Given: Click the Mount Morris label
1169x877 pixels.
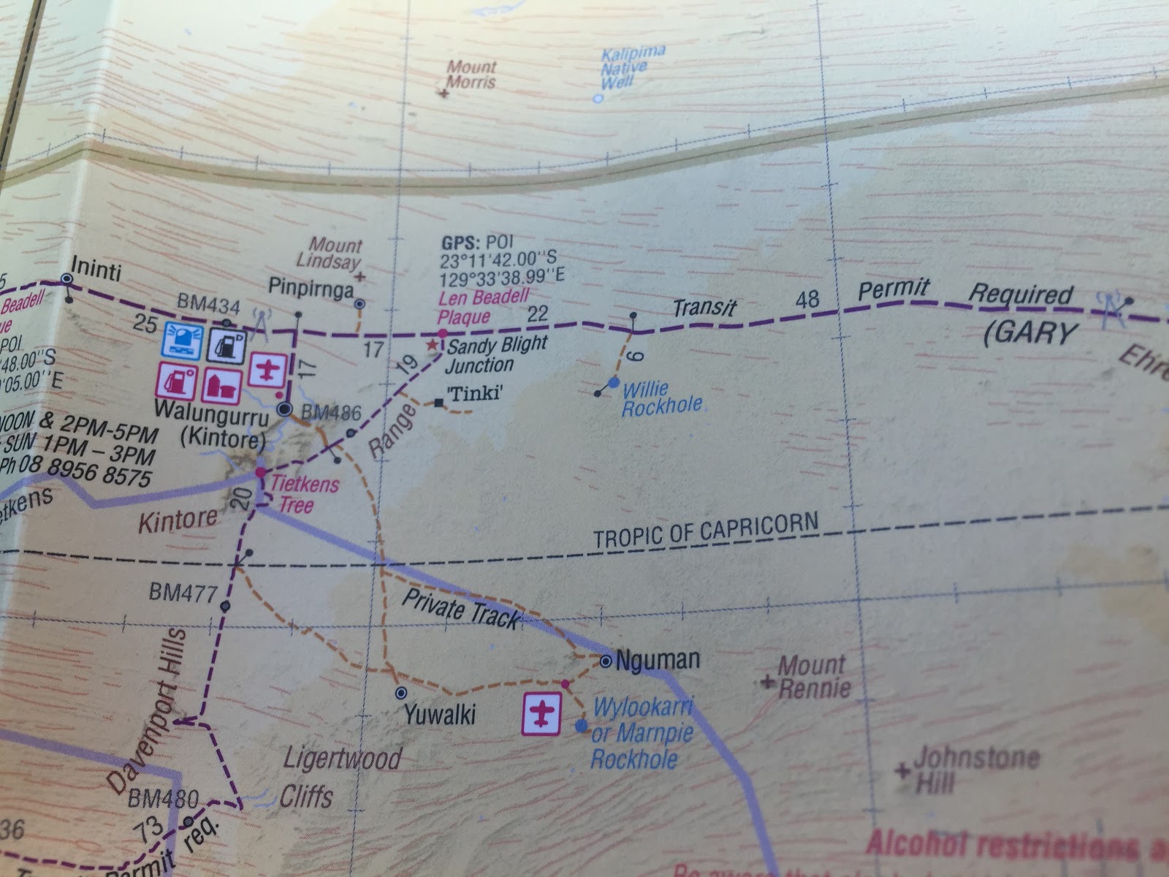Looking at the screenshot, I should click(x=471, y=74).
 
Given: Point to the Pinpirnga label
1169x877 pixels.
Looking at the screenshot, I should click(x=311, y=289).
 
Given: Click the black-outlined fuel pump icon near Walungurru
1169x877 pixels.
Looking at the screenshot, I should click(x=229, y=343).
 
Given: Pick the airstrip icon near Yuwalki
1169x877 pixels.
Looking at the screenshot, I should click(x=541, y=713).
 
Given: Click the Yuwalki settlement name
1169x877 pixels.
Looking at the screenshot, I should click(x=440, y=713).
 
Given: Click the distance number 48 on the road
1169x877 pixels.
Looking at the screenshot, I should click(x=807, y=299).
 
